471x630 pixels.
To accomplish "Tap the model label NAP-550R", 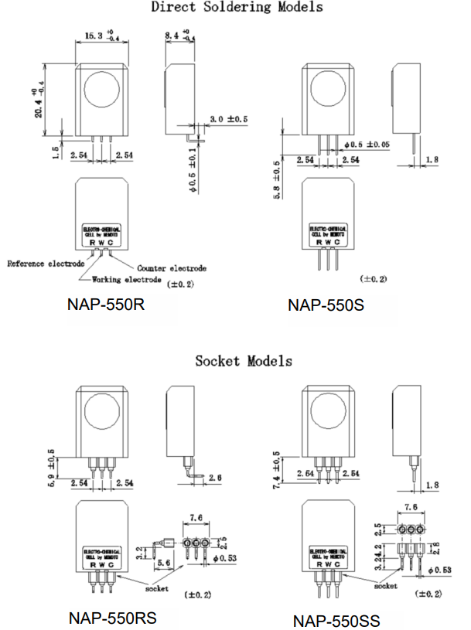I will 107,305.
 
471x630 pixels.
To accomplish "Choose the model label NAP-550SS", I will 336,621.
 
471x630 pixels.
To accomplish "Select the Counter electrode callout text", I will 174,268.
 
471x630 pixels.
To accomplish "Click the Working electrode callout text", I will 127,279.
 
